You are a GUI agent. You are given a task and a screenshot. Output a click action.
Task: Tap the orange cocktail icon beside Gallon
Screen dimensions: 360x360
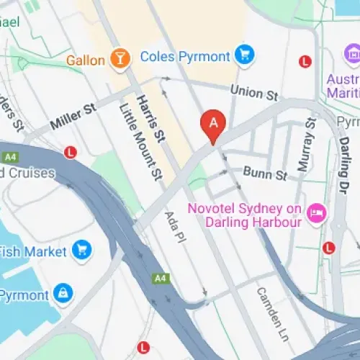120,58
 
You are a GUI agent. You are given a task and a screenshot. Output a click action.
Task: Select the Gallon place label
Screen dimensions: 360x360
86,59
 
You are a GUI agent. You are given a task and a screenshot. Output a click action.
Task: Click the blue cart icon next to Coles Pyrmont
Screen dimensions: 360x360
246,55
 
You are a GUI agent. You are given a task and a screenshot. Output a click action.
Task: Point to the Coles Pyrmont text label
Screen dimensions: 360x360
185,55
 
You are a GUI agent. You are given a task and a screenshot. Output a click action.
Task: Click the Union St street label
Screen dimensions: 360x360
253,91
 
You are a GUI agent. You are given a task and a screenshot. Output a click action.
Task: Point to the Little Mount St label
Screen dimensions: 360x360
138,142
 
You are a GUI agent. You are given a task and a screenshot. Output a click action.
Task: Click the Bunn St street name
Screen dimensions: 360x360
265,173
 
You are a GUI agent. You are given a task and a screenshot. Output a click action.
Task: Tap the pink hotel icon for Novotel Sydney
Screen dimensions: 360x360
315,214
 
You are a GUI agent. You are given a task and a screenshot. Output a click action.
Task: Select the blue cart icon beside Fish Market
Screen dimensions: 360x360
83,251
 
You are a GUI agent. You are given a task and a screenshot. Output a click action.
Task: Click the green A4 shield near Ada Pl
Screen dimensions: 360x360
159,277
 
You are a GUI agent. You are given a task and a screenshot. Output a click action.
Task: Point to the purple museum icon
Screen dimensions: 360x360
353,53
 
